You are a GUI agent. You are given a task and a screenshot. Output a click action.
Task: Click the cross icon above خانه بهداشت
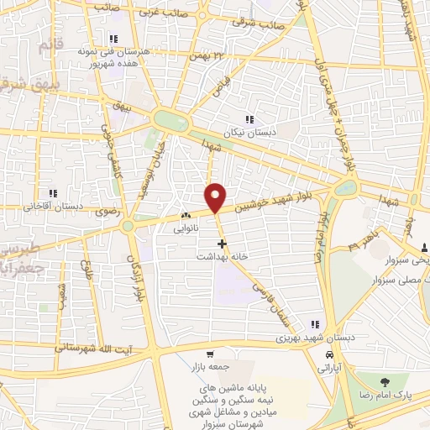(222, 244)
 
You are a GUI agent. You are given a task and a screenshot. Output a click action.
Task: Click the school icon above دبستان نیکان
(248, 119)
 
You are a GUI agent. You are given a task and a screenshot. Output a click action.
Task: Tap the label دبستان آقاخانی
(52, 205)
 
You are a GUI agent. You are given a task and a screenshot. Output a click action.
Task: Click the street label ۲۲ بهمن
(207, 54)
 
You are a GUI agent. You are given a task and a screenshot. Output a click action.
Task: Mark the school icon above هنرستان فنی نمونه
(112, 38)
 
